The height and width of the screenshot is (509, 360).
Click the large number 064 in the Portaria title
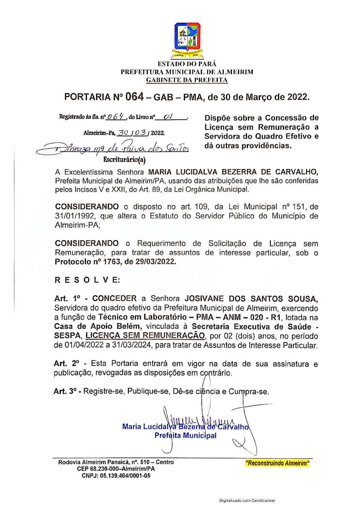pyautogui.click(x=134, y=97)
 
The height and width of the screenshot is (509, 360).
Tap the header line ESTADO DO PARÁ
pyautogui.click(x=187, y=64)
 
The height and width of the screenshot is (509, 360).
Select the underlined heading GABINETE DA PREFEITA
pyautogui.click(x=187, y=80)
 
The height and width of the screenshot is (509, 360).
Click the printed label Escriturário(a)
pyautogui.click(x=124, y=159)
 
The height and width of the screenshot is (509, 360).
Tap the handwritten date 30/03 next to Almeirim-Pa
pyautogui.click(x=133, y=133)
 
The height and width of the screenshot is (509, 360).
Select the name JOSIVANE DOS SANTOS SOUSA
pyautogui.click(x=251, y=299)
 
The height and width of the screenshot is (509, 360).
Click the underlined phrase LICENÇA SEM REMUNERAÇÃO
pyautogui.click(x=145, y=336)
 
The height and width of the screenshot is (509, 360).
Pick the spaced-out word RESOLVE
pyautogui.click(x=87, y=280)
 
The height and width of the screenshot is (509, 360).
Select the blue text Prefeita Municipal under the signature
pyautogui.click(x=185, y=436)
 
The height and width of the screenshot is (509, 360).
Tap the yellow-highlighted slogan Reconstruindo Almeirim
pyautogui.click(x=277, y=463)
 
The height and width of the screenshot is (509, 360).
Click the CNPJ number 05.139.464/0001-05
pyautogui.click(x=125, y=476)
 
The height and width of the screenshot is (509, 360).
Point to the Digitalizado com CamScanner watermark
pyautogui.click(x=247, y=500)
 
